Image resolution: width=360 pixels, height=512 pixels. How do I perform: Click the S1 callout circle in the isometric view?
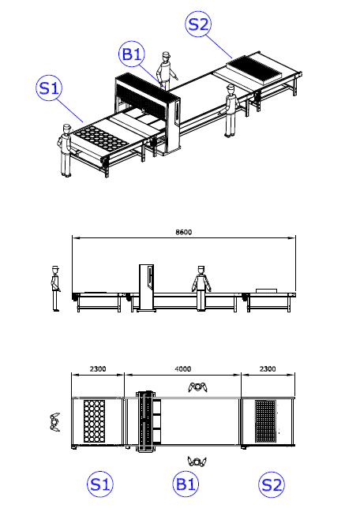[x=49, y=88]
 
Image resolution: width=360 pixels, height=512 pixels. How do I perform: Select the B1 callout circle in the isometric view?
[x=132, y=54]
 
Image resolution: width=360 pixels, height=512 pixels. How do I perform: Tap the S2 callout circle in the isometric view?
[x=198, y=24]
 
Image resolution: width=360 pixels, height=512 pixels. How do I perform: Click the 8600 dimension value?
[x=184, y=232]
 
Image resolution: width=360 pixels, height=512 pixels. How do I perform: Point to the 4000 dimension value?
[x=182, y=369]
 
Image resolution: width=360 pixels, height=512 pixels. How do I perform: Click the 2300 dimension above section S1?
[x=98, y=369]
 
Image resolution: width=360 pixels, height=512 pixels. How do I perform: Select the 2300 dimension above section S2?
[x=268, y=369]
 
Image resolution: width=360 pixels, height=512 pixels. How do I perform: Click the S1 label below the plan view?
[x=100, y=484]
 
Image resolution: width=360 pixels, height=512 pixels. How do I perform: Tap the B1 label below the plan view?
[x=186, y=484]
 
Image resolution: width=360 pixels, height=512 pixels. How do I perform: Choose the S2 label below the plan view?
[x=272, y=484]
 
